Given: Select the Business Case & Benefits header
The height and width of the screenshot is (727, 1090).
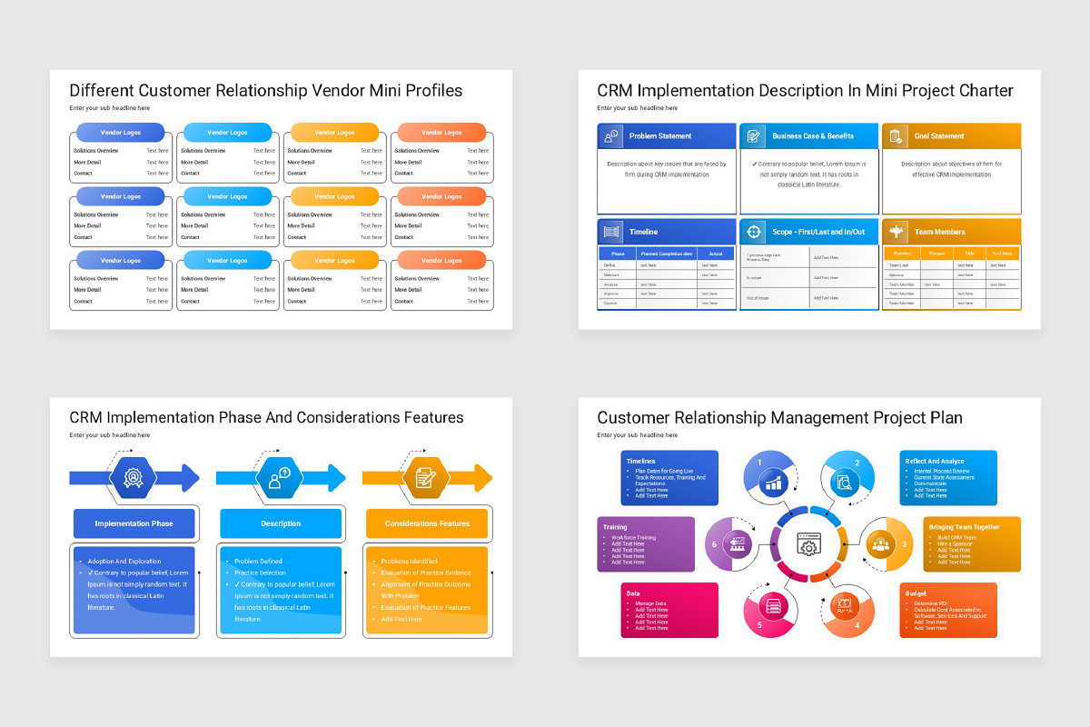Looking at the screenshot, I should coord(812,136).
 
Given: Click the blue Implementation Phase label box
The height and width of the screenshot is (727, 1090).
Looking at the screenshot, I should coord(134,523).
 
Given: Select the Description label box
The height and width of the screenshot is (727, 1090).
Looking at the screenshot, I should coord(281,523).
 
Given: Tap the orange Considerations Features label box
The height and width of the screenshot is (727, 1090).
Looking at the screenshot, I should coord(427,523).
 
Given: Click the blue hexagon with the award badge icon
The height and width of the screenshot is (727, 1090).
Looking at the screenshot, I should coord(134,478).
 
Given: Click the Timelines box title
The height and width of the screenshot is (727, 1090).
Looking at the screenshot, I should coord(640,462).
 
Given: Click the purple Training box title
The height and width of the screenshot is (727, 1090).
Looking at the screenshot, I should coord(615,527).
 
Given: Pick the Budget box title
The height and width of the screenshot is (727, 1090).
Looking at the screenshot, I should coord(916,593).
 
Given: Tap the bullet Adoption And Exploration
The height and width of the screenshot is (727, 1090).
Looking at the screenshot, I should coord(124,562).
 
